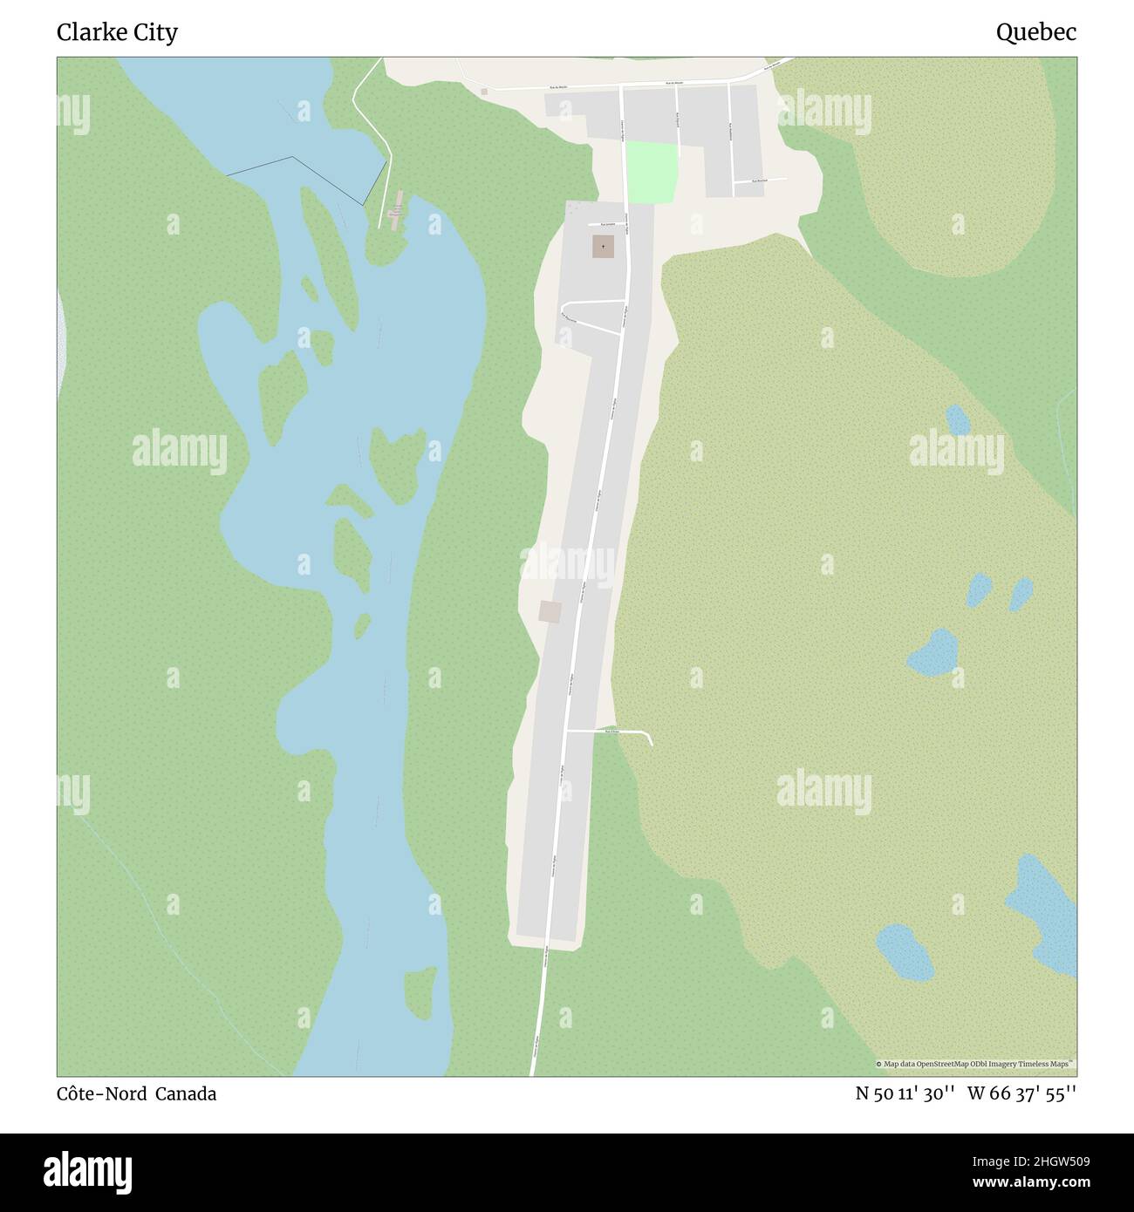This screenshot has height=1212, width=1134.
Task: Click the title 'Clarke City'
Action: coord(117,32)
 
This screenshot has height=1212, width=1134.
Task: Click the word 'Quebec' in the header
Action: coord(1035,32)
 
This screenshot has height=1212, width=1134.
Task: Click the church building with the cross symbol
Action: coord(602,247)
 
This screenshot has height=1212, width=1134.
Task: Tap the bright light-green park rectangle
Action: coord(651,172)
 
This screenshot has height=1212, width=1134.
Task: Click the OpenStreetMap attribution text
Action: coord(974,1064)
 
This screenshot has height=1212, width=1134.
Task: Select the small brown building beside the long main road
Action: coord(550,611)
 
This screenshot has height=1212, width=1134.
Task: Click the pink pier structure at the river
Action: coord(397,208)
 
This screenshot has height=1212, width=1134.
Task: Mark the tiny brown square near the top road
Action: coord(484,91)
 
